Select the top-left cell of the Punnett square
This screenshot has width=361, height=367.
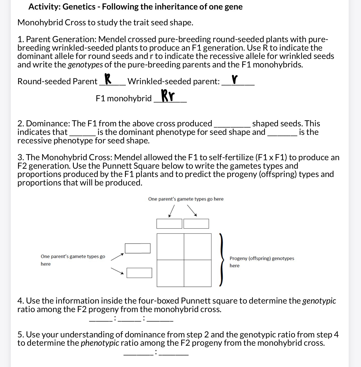pyautogui.click(x=170, y=247)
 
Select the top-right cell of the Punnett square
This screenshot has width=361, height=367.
pyautogui.click(x=198, y=247)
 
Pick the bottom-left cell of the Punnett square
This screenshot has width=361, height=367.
pyautogui.click(x=170, y=273)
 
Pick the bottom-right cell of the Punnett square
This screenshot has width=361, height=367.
pyautogui.click(x=198, y=273)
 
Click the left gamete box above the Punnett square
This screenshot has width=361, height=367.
pyautogui.click(x=169, y=224)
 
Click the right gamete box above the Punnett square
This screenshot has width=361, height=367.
pyautogui.click(x=196, y=224)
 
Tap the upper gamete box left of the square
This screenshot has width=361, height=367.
pyautogui.click(x=138, y=248)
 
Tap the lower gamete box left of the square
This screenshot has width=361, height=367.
pyautogui.click(x=139, y=273)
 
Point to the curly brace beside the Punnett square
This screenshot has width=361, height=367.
pyautogui.click(x=221, y=260)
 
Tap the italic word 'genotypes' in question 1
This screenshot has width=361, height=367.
pyautogui.click(x=85, y=65)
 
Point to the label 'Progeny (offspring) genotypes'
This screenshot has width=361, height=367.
pyautogui.click(x=262, y=258)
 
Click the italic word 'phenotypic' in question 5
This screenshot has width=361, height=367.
pyautogui.click(x=100, y=343)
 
